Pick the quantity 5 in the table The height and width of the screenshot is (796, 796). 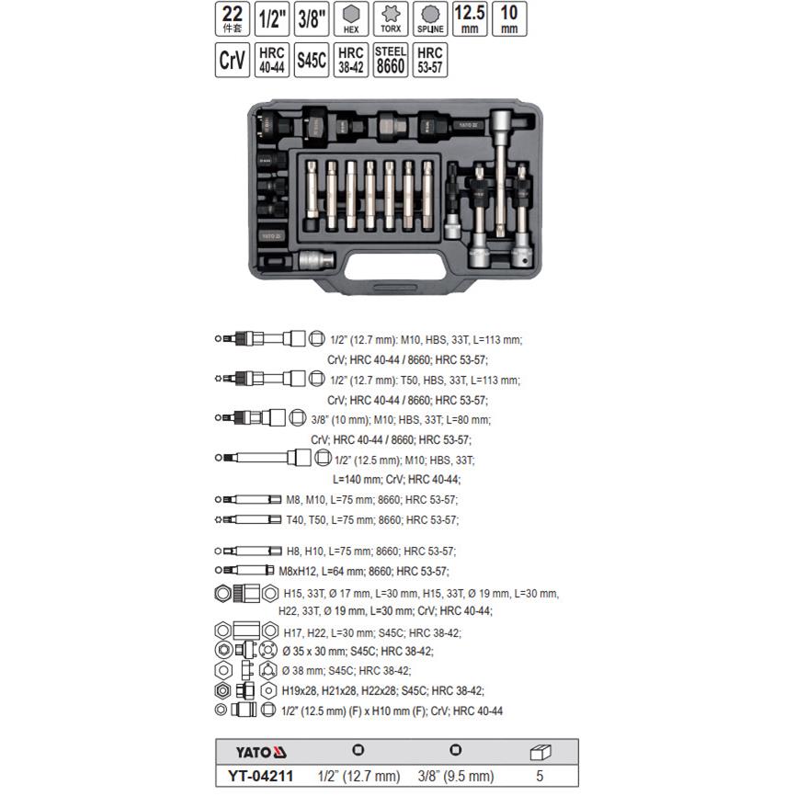pyautogui.click(x=541, y=776)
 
